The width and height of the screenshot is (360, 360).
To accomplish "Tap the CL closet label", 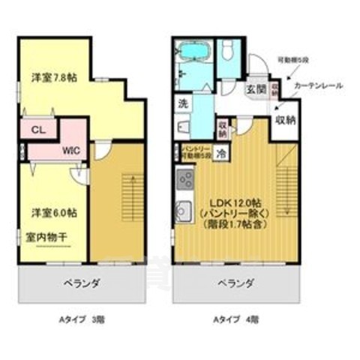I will point(37,128).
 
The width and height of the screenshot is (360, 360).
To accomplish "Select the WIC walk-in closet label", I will point(72,149).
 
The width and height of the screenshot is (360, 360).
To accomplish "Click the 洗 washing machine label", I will point(183,103).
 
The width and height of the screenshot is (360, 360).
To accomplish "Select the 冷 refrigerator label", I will point(222,152).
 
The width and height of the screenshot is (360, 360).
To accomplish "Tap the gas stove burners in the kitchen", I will point(184,180).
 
